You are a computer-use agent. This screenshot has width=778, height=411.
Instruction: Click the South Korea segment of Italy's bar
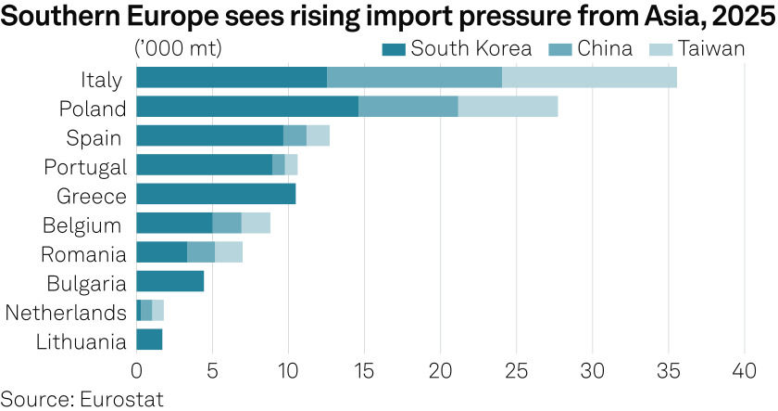(x=232, y=78)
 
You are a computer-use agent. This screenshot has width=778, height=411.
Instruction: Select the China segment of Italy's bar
(x=414, y=78)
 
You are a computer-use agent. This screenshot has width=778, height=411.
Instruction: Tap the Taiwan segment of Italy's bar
(x=589, y=78)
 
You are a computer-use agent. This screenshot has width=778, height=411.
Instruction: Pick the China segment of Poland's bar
(x=408, y=107)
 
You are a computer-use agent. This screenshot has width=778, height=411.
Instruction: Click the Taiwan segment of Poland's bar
(x=508, y=107)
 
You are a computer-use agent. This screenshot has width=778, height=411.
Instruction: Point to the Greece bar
(x=216, y=194)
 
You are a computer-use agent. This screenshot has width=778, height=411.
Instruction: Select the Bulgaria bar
(x=169, y=281)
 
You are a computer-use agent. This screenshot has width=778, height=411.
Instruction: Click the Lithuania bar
(x=149, y=340)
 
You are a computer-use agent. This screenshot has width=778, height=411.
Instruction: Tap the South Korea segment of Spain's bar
(x=209, y=136)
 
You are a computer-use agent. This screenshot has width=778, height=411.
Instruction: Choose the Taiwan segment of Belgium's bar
(x=256, y=224)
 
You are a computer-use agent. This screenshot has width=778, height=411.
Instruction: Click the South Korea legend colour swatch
(x=393, y=48)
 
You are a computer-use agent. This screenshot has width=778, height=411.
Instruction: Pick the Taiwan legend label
(x=709, y=48)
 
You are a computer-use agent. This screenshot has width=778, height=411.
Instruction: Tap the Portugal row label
(x=85, y=166)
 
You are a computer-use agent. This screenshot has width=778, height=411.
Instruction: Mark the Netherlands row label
(x=66, y=312)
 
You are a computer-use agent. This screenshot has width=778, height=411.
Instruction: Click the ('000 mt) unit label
(x=178, y=48)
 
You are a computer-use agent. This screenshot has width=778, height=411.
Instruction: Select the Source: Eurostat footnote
(x=82, y=399)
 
